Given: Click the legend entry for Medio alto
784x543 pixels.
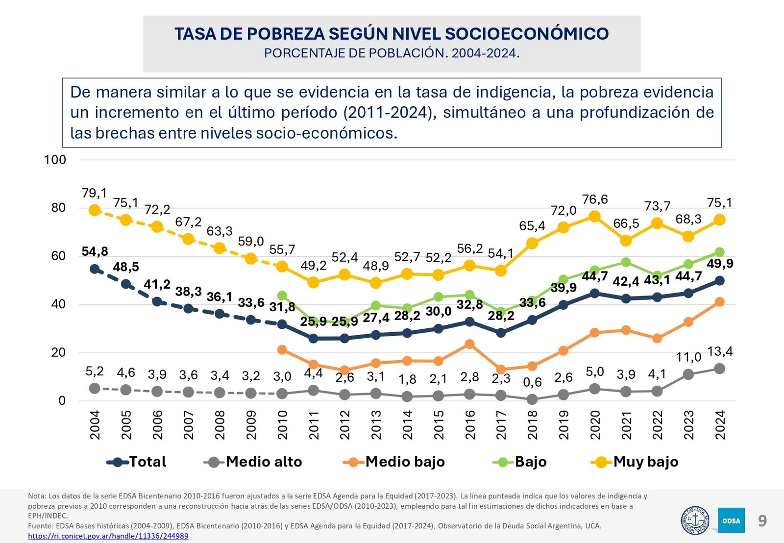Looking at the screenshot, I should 253,462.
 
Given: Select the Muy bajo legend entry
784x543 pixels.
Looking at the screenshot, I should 635,462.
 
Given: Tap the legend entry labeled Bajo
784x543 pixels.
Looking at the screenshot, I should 520,462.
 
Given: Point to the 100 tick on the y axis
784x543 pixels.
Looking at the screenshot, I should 55,160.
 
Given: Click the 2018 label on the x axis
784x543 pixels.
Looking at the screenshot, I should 532,425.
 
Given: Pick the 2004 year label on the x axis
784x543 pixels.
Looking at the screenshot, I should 95,425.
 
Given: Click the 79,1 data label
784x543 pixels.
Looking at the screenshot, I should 95,194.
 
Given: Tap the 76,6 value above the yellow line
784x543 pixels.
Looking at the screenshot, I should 595,199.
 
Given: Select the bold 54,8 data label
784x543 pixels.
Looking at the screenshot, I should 95,252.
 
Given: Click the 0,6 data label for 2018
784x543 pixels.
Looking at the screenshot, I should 532,382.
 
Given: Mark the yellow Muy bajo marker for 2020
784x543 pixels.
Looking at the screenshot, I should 595,216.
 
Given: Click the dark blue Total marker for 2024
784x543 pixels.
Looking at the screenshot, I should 720,281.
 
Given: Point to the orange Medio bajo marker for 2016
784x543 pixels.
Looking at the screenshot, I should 469,345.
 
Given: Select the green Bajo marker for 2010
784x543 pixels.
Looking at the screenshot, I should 282,296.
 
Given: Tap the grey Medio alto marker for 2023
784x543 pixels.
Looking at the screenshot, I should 688,374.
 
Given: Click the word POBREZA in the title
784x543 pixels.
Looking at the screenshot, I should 285,34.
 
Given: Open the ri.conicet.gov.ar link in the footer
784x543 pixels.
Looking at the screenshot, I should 108,536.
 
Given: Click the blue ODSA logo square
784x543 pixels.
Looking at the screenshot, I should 731,520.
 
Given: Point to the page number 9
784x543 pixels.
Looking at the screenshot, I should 762,520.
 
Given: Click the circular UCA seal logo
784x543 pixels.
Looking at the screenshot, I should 695,520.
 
